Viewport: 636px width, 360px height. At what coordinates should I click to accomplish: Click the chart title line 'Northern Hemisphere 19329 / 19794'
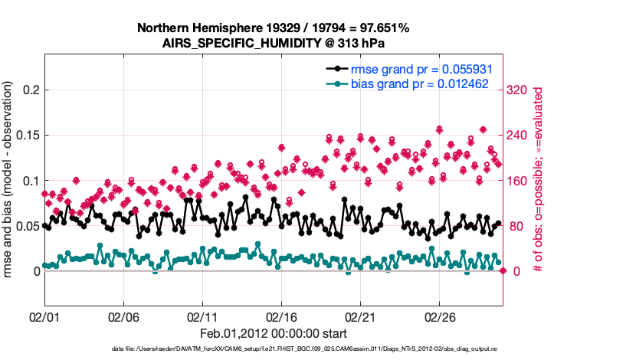[273, 28]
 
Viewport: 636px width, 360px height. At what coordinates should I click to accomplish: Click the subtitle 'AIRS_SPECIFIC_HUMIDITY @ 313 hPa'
[273, 44]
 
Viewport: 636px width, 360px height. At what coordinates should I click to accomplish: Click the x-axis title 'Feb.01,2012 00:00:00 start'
[273, 333]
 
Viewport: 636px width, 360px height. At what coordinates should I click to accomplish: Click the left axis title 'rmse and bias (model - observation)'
[10, 181]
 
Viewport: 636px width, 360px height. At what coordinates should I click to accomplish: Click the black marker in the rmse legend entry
[335, 68]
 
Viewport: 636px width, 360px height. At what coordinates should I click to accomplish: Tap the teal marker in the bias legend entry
[335, 83]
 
